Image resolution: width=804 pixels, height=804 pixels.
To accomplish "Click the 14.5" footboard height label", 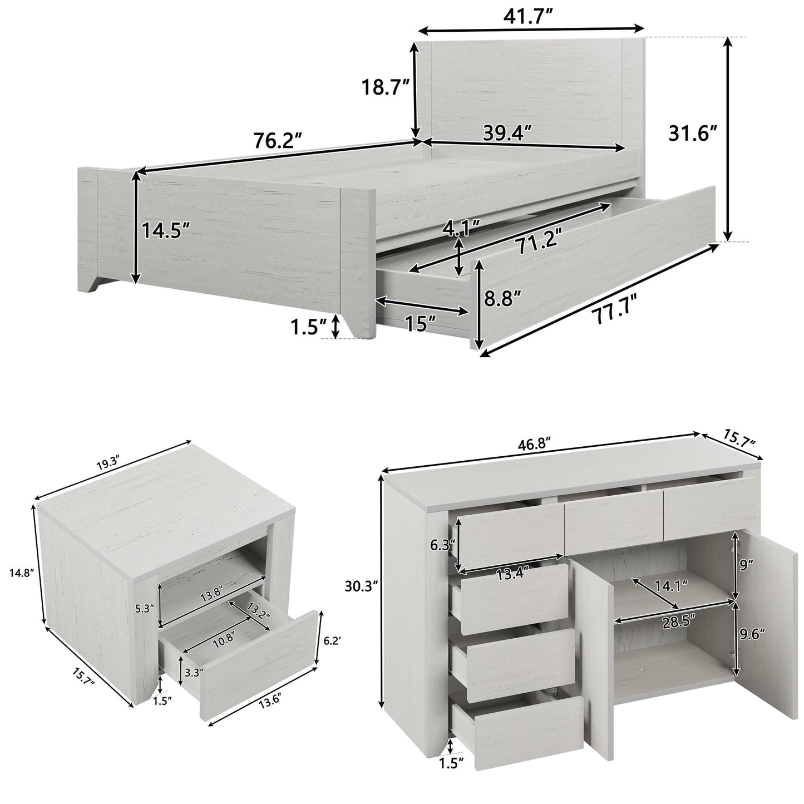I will pyautogui.click(x=165, y=229).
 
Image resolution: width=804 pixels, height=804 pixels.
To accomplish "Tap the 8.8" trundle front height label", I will pyautogui.click(x=502, y=299).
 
